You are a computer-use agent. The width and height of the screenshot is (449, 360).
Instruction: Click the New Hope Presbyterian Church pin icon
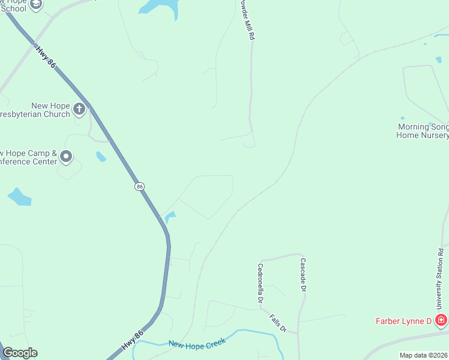pos(80,109)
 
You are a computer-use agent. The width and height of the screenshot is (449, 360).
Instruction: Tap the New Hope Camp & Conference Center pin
pos(66,157)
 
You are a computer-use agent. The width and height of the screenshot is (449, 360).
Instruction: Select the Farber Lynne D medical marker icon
pos(441,321)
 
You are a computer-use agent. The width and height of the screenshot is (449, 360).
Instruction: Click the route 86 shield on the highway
pos(140,187)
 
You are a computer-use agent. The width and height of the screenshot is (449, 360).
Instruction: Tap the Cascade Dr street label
pos(303,275)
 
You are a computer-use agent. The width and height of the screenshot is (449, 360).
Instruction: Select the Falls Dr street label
pos(279,323)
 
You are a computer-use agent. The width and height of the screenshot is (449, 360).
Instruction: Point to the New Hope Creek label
pos(197,343)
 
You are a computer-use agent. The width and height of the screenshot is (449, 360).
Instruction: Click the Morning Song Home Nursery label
pos(423,131)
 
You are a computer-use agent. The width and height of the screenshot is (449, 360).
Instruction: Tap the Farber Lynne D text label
pos(403,321)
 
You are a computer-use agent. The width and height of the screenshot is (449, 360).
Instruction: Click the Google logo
pos(20,353)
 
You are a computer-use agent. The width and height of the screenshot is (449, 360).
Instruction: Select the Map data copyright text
pos(423,355)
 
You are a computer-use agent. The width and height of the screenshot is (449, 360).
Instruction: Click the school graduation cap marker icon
pos(35,5)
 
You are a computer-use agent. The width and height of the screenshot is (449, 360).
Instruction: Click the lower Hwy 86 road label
pos(133,341)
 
